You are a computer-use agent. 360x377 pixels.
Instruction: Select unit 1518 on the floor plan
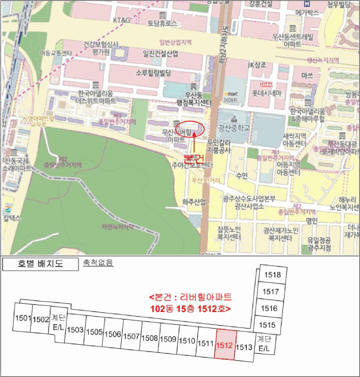point(273,275)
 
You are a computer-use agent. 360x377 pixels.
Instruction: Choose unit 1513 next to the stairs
point(244,347)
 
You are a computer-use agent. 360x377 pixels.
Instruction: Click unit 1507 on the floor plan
point(131,336)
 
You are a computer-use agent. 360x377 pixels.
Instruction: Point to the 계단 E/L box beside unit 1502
point(58,322)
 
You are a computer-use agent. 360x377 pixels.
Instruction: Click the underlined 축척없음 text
point(98,263)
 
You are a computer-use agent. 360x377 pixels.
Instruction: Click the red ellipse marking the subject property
point(191,129)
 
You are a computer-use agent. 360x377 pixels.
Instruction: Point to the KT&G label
point(122,20)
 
